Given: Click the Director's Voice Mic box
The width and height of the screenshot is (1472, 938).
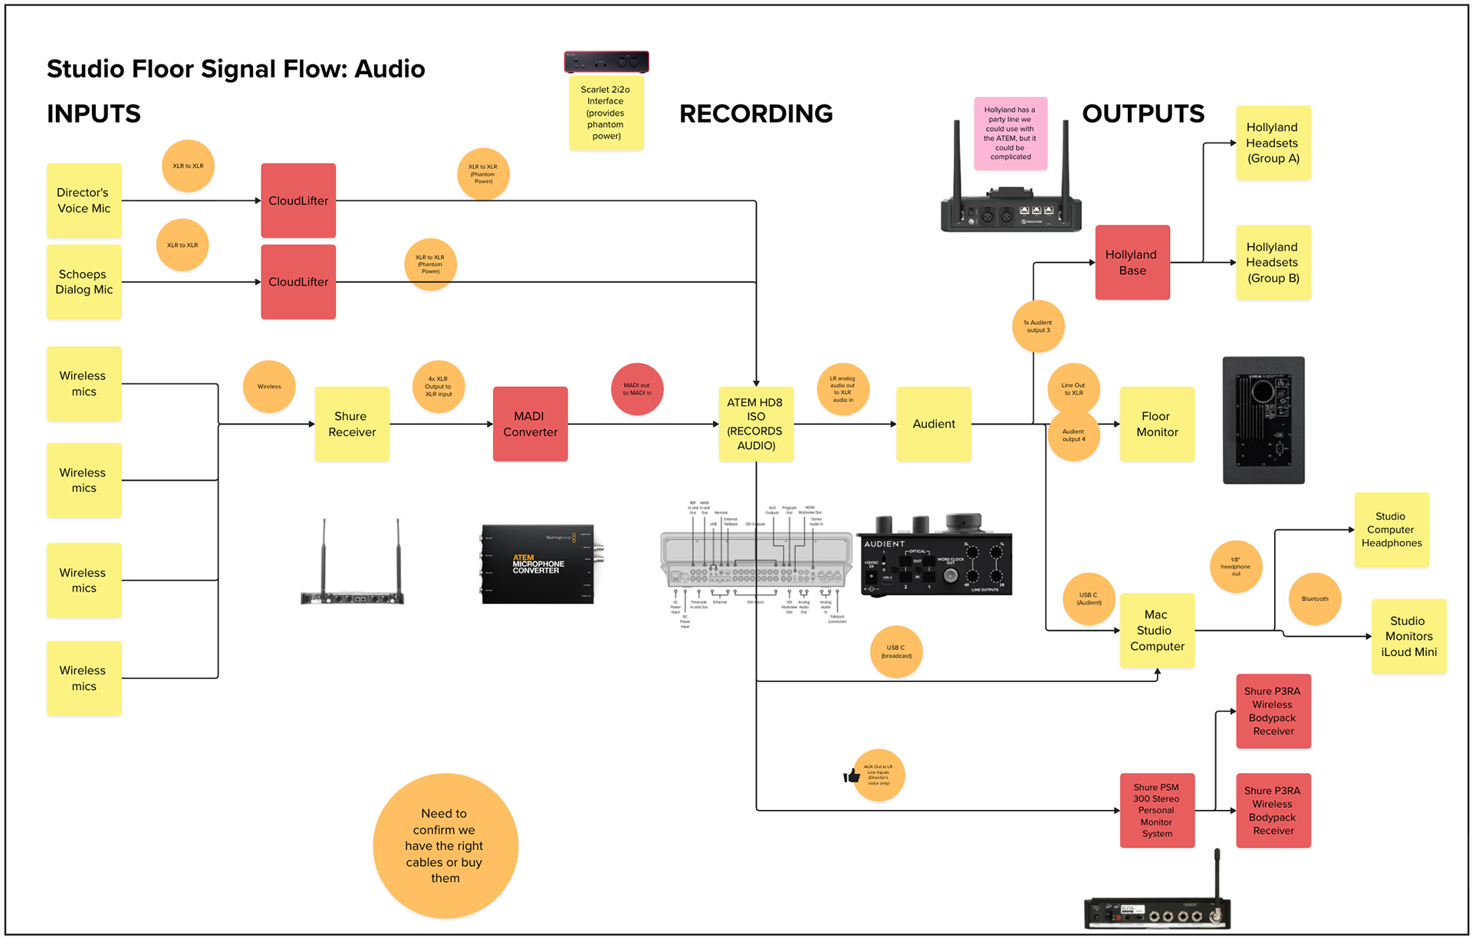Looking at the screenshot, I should coord(84,201).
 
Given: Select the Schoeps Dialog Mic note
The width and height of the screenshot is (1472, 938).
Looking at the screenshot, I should coord(84,282).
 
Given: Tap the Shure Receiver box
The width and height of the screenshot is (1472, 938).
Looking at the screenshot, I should coord(352,424).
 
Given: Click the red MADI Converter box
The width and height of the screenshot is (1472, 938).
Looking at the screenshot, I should coord(530,424).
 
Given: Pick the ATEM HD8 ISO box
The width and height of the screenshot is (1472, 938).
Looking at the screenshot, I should coord(756,424).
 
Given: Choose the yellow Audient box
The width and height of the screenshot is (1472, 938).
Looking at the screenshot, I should coord(934,424).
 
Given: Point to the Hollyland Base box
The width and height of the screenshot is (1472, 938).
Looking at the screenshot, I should coord(1132,262).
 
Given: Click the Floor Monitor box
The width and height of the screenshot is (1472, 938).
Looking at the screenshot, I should coord(1157,424).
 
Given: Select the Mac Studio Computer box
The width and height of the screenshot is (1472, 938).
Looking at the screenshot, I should coord(1157,630).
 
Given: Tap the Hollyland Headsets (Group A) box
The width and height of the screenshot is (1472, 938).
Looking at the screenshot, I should coord(1273,143).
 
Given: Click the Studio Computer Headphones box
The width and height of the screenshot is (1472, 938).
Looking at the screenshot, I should coord(1391,530).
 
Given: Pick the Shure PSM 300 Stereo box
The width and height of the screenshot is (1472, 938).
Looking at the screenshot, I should coord(1157,810).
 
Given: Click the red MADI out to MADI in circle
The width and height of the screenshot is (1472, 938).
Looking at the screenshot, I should coord(637,389).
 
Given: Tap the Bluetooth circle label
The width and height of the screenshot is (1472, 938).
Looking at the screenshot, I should coord(1315,599).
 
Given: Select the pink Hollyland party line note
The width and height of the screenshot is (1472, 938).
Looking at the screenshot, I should coord(1010,133).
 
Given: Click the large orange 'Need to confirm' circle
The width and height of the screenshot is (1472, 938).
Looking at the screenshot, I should coord(445,845).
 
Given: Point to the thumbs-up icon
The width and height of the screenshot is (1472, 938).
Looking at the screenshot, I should coord(852,776).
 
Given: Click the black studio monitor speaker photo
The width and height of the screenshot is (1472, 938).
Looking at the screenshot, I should coord(1263,420).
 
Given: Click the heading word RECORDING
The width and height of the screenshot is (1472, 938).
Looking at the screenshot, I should coord(756,113).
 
